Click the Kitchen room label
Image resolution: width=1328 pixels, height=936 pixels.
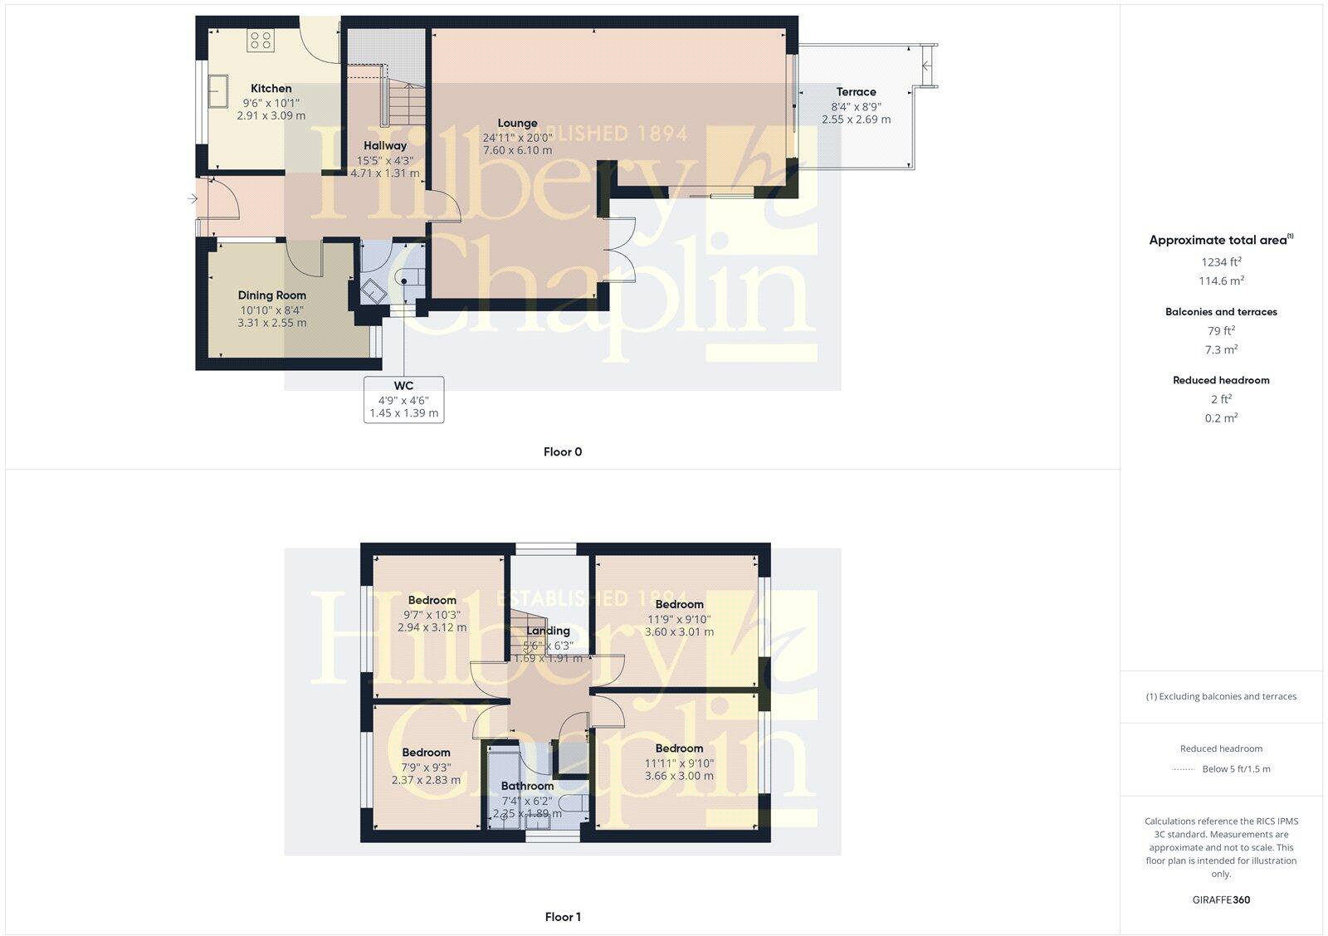[271, 89]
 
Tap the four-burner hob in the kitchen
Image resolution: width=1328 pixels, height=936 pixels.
[261, 41]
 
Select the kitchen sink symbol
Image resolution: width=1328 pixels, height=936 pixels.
[219, 90]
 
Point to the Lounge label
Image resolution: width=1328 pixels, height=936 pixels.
[517, 124]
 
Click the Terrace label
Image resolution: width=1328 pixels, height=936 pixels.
[856, 92]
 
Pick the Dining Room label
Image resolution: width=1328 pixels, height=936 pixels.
[271, 295]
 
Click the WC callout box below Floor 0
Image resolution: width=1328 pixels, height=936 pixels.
[403, 399]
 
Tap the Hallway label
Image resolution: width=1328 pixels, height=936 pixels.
[384, 146]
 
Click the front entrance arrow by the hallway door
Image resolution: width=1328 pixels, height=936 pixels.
[193, 198]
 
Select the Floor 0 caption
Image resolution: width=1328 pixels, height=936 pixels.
[563, 452]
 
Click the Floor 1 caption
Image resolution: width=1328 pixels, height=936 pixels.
[563, 917]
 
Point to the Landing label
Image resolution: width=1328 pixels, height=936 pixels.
[548, 631]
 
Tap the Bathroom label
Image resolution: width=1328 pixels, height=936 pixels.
[527, 786]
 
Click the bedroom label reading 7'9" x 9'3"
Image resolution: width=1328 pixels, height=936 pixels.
[426, 767]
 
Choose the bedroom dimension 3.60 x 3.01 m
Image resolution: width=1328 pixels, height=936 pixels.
[679, 631]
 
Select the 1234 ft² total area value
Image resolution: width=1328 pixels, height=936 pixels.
[1220, 261]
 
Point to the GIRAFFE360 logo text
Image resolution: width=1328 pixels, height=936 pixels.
[1221, 899]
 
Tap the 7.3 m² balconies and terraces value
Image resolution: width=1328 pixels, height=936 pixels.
[1221, 350]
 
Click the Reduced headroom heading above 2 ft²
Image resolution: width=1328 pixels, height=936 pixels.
[1221, 380]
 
